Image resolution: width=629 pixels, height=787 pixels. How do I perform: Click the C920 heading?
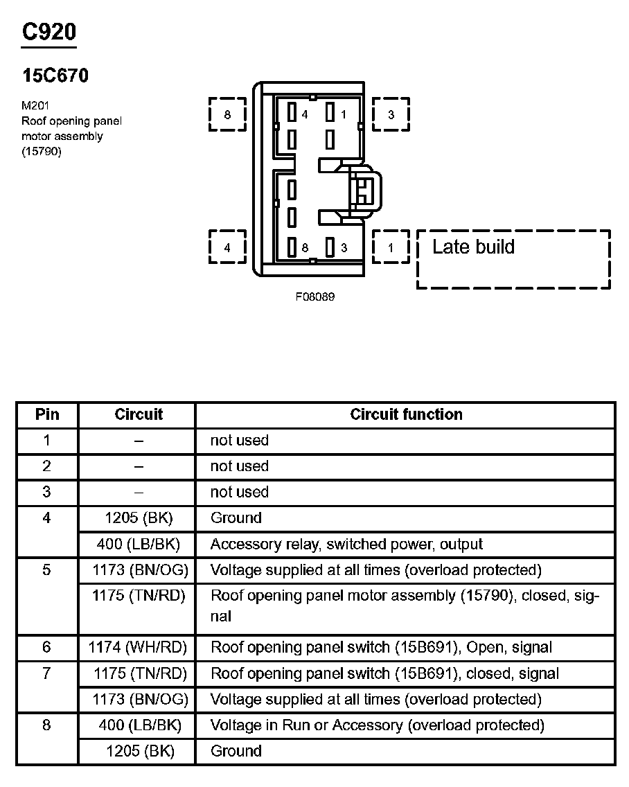[x=48, y=33]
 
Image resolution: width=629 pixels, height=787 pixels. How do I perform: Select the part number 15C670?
[x=55, y=76]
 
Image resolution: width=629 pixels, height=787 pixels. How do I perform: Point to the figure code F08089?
[x=315, y=297]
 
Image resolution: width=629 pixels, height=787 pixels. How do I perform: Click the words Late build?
[x=473, y=247]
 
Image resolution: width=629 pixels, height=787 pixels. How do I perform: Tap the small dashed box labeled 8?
[x=227, y=114]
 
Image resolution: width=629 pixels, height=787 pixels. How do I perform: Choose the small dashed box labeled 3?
[x=391, y=114]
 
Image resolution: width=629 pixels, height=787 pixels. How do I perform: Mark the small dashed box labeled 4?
[x=227, y=247]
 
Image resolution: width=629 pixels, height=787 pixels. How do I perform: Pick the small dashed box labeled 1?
[x=391, y=247]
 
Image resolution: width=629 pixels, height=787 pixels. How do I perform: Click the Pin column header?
[x=47, y=415]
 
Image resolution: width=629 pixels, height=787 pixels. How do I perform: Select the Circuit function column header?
[x=406, y=415]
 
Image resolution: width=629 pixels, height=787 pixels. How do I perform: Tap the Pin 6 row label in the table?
[x=47, y=647]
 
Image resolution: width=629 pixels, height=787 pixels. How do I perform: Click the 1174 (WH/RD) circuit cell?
[x=139, y=648]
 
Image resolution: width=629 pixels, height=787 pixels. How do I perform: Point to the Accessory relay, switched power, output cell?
[x=346, y=544]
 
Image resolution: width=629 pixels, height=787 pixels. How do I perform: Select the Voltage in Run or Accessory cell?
[x=377, y=725]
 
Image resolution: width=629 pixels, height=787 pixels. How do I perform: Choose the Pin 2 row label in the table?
[x=47, y=466]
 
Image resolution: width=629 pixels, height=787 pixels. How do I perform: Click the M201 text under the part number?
[x=35, y=107]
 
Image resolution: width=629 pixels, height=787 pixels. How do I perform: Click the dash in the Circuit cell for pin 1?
[x=139, y=441]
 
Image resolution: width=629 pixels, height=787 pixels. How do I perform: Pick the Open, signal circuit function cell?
[x=381, y=648]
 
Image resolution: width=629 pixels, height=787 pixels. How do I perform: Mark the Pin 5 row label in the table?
[x=47, y=570]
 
